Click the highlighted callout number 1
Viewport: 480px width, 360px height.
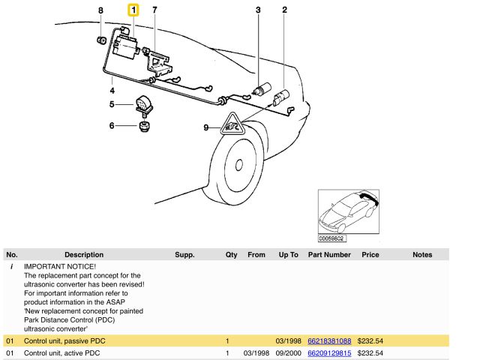click(x=133, y=10)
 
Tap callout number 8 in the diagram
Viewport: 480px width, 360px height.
click(x=100, y=10)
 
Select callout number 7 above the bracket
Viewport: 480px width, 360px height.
click(x=155, y=10)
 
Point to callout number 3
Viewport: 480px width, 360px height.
click(x=258, y=10)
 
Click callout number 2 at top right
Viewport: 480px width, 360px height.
click(x=284, y=10)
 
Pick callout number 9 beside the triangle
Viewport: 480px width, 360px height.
click(x=206, y=127)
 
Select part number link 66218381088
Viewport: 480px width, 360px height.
click(x=329, y=341)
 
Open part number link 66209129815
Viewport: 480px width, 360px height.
click(x=329, y=352)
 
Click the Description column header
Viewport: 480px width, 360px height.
click(x=84, y=255)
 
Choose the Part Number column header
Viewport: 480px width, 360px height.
click(x=329, y=255)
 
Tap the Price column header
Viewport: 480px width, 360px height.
click(x=370, y=255)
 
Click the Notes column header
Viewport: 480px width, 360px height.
click(x=422, y=255)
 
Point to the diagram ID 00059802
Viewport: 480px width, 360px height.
click(x=331, y=238)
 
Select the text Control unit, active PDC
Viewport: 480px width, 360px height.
click(x=62, y=352)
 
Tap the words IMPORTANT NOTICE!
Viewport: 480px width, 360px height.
click(x=60, y=266)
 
